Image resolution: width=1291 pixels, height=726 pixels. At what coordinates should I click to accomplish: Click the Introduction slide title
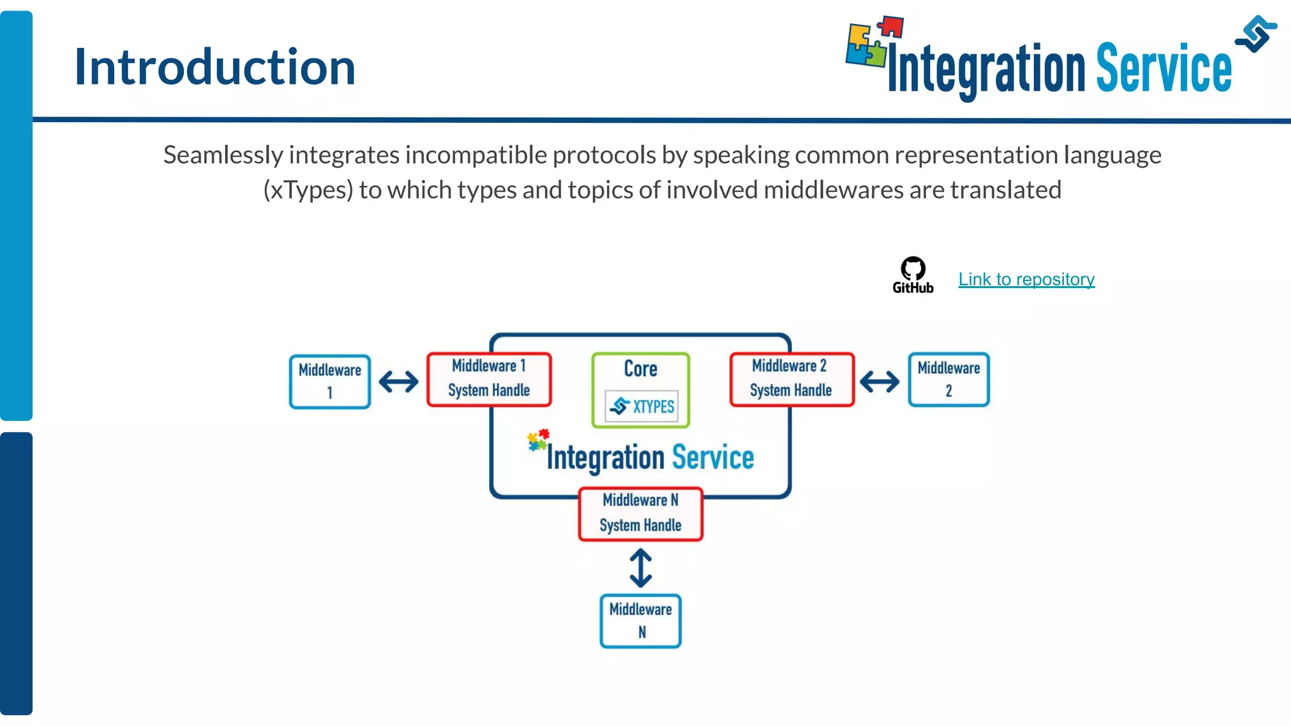coord(215,67)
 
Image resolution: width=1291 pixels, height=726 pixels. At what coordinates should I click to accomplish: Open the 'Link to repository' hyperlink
coord(1026,279)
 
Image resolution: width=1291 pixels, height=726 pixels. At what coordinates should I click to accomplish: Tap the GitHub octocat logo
coord(913,269)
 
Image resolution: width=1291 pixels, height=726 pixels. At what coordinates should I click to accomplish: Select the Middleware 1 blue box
coord(330,381)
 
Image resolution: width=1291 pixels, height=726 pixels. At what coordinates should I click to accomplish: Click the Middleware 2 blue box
coord(949,379)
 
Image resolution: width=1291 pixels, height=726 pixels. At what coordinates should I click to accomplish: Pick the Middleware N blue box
coord(640,621)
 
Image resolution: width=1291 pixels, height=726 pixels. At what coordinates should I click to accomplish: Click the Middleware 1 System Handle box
coord(489,379)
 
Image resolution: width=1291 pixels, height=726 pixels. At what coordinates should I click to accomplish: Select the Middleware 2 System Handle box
coord(791,379)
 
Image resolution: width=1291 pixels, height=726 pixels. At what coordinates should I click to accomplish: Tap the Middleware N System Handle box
coord(640,513)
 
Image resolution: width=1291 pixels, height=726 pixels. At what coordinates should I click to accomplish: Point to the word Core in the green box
coord(640,369)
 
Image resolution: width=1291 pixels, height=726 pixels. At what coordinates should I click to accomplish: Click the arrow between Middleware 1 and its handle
coord(398,381)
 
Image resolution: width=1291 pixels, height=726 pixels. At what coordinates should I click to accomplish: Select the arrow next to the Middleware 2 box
coord(879,381)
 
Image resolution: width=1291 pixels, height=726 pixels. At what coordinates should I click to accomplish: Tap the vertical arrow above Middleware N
coord(640,568)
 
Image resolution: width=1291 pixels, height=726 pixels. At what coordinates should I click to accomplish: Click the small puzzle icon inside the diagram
coord(538,440)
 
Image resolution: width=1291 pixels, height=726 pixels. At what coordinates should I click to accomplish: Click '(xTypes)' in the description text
coord(308,190)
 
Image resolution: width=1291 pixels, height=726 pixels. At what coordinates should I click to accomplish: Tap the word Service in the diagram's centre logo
coord(713,458)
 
